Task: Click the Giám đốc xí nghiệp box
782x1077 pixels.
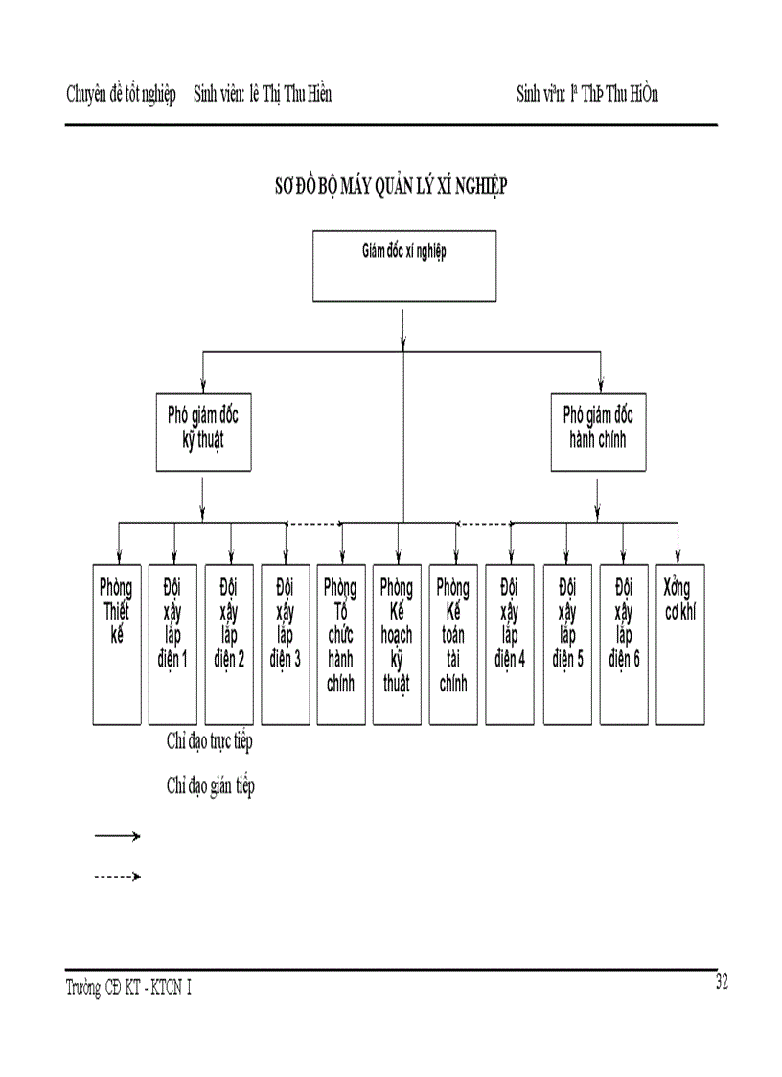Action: pos(404,266)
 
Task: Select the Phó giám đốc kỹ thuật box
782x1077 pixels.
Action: pos(203,432)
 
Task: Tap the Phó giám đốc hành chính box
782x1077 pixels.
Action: pos(598,432)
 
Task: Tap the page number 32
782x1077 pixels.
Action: pos(723,981)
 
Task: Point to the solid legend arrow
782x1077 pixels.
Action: pos(117,836)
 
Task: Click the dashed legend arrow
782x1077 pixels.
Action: pos(117,876)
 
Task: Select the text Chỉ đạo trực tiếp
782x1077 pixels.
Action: pos(209,741)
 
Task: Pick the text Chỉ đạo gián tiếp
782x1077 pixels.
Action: pos(210,786)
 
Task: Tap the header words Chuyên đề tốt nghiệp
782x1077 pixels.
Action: pos(121,94)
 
